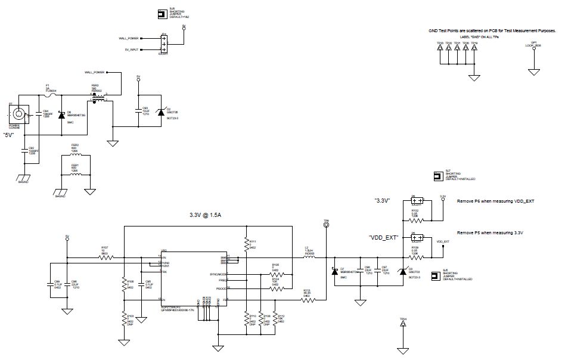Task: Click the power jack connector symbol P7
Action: click(x=21, y=113)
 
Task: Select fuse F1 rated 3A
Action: click(x=50, y=95)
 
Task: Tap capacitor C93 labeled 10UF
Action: click(x=138, y=113)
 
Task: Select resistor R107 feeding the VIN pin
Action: click(x=105, y=257)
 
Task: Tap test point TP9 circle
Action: click(x=327, y=226)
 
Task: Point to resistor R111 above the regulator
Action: click(x=246, y=242)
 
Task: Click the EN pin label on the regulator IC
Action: click(x=163, y=299)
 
